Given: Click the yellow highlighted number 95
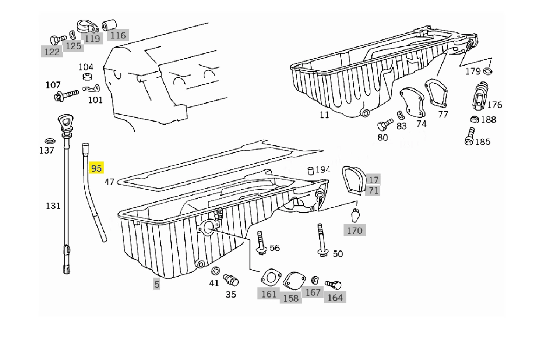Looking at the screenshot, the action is coord(96,168).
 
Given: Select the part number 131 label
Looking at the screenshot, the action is coord(53,205).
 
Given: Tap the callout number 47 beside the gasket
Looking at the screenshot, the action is coord(109,182).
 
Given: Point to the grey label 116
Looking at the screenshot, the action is coord(118,35).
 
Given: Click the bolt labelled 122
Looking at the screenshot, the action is coord(57,39).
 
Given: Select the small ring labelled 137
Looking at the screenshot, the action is coord(50,141).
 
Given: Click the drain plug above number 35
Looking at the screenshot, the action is coord(231,280).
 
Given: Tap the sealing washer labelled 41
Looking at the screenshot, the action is coord(215,271).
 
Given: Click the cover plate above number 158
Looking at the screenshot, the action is coord(294,280).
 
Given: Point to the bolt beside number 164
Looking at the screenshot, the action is coord(333,284).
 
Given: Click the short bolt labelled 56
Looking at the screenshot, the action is coord(261,243).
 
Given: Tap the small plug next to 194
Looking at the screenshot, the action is coord(311,171).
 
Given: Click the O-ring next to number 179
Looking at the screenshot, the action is coord(488,71).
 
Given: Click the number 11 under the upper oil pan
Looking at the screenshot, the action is coord(324,115).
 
